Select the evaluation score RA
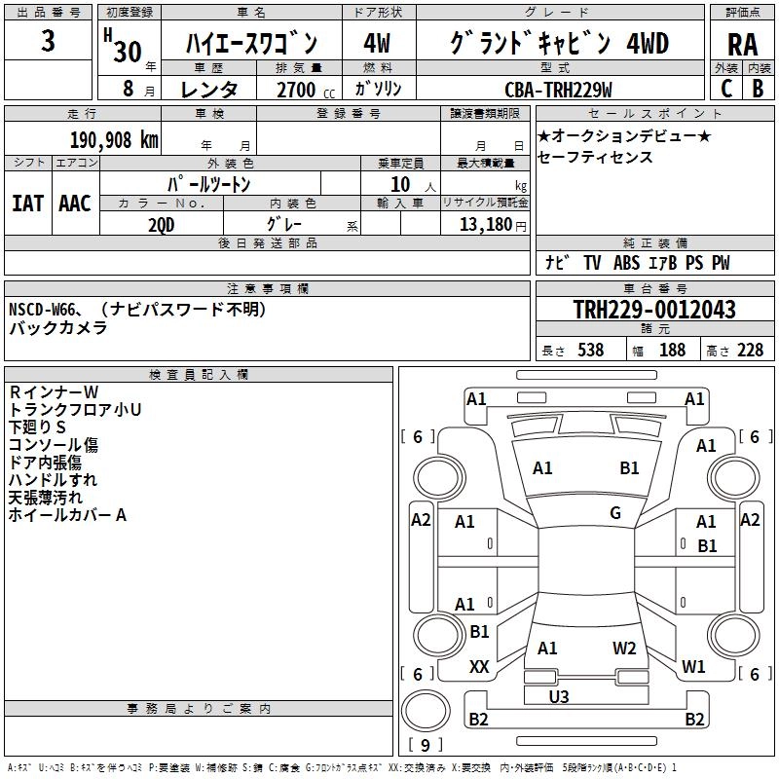click(x=742, y=45)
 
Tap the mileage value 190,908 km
click(x=114, y=139)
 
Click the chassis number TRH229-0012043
click(x=653, y=310)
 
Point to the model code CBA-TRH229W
click(x=558, y=90)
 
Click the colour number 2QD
click(x=163, y=223)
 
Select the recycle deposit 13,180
click(x=484, y=224)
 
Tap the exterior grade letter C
click(x=725, y=89)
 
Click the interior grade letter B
click(x=758, y=89)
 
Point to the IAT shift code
click(x=27, y=203)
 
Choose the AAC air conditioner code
click(x=74, y=203)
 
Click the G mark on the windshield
click(x=615, y=513)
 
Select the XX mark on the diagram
click(x=479, y=667)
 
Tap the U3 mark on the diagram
click(x=559, y=696)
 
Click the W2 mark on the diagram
click(x=624, y=648)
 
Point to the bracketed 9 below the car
click(x=425, y=745)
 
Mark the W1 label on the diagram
click(x=693, y=667)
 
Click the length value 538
click(x=590, y=351)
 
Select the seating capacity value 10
click(x=400, y=184)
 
